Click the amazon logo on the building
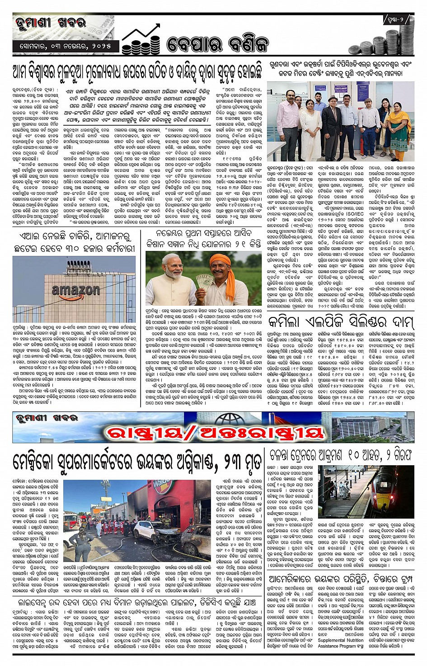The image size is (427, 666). tap(75, 290)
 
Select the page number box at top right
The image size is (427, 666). tap(398, 19)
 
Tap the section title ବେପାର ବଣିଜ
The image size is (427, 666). tap(217, 44)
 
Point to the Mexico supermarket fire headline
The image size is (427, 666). tap(137, 462)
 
